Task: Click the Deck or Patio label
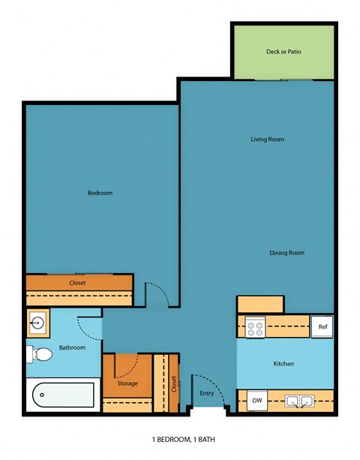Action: click(x=283, y=52)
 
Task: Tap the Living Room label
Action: click(x=267, y=139)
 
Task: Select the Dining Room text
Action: click(x=286, y=253)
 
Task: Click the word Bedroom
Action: click(x=100, y=193)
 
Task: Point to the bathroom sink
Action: click(x=37, y=323)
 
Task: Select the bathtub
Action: click(x=61, y=394)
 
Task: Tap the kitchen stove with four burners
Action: click(x=256, y=327)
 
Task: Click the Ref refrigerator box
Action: click(x=322, y=326)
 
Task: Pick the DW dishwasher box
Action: click(x=257, y=401)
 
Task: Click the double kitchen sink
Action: click(x=299, y=401)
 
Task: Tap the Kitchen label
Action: click(x=283, y=364)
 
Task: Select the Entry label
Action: click(x=206, y=392)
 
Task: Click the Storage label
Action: click(x=128, y=384)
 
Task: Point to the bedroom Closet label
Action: click(x=77, y=283)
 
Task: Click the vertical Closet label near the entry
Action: click(x=174, y=383)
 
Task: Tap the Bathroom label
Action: click(x=73, y=347)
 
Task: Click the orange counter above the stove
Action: click(x=260, y=304)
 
